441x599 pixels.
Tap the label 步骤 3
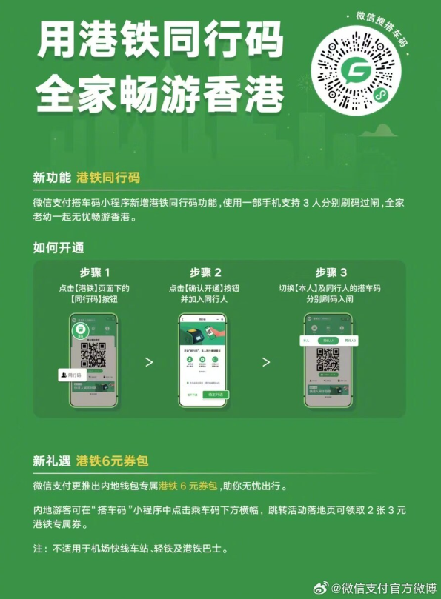pos(331,272)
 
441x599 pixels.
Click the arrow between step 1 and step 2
pos(148,362)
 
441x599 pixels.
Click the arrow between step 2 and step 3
pos(266,362)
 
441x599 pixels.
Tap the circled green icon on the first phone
pos(78,330)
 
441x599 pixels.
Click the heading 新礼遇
pos(51,461)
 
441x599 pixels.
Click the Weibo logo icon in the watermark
pos(320,588)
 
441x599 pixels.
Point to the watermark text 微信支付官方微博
pos(383,588)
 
